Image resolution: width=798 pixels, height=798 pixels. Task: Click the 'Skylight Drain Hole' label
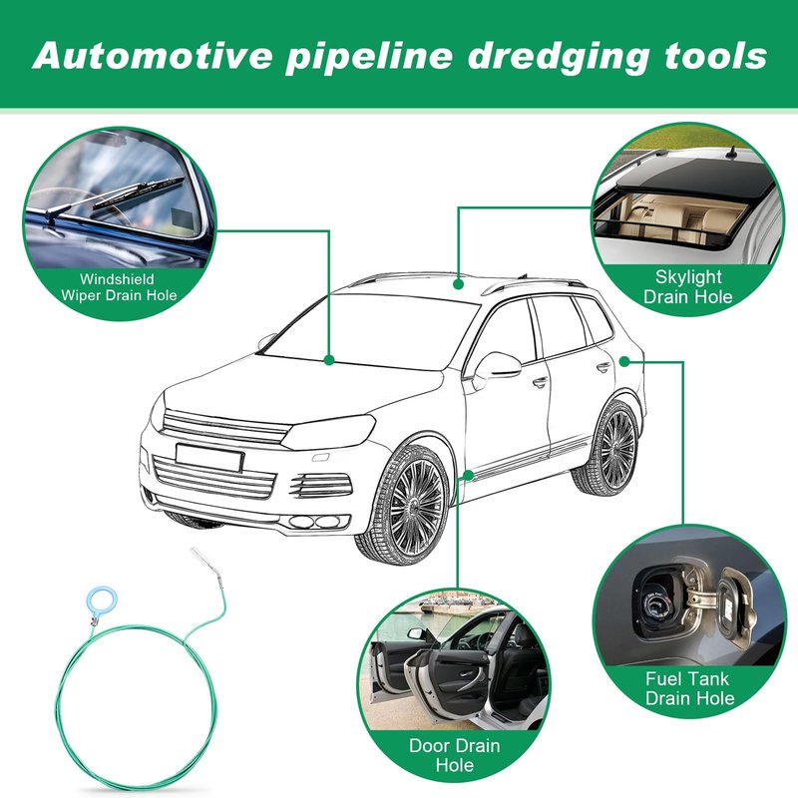pos(687,286)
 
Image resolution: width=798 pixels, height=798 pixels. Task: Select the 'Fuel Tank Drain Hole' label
pos(687,688)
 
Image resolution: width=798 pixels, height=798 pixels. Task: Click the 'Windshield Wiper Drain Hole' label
pos(119,286)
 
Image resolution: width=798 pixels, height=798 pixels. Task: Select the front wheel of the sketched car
pos(403,503)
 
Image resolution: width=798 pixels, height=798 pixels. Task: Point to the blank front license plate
pos(208,456)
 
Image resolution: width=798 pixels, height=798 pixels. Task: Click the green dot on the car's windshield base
pos(329,358)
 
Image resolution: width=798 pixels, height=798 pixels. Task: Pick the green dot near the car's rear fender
pos(623,360)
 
